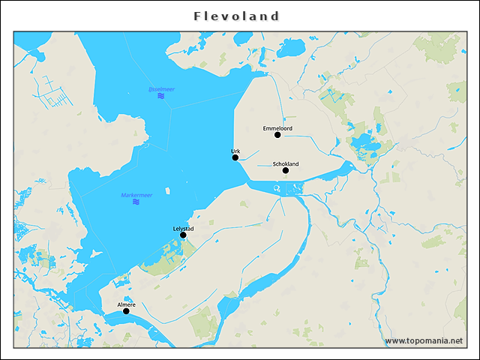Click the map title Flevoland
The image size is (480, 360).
(x=236, y=16)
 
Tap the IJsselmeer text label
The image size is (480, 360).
(x=161, y=89)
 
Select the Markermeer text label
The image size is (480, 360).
(x=136, y=195)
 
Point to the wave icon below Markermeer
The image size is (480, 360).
(x=136, y=202)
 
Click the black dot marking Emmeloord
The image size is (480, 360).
(x=277, y=135)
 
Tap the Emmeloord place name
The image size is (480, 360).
(x=277, y=128)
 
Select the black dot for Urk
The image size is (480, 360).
(x=235, y=157)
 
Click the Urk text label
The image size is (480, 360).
(x=235, y=151)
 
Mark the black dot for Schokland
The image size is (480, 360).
(x=286, y=170)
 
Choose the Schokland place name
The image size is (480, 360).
(x=286, y=163)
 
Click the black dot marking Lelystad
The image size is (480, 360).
(x=183, y=235)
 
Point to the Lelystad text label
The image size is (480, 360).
(x=184, y=228)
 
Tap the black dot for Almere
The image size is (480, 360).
(x=126, y=311)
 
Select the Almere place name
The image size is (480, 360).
(x=126, y=304)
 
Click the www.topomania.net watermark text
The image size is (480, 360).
(x=424, y=340)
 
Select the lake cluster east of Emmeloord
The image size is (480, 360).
(x=366, y=145)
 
